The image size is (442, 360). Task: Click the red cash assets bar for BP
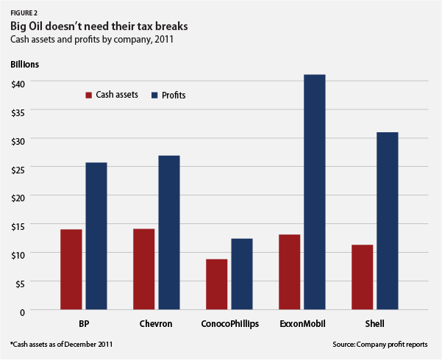pyautogui.click(x=71, y=270)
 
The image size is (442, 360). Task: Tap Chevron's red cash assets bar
pyautogui.click(x=143, y=270)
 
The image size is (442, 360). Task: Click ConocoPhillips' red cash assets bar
pyautogui.click(x=216, y=284)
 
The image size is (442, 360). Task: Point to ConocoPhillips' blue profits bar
pyautogui.click(x=242, y=274)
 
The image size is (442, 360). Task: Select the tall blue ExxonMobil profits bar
pyautogui.click(x=315, y=192)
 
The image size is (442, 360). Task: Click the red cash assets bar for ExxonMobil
pyautogui.click(x=289, y=273)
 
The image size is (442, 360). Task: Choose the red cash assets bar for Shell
pyautogui.click(x=362, y=278)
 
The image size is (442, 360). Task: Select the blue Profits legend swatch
pyautogui.click(x=154, y=95)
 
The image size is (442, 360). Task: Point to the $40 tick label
pyautogui.click(x=18, y=82)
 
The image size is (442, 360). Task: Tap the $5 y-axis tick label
pyautogui.click(x=20, y=283)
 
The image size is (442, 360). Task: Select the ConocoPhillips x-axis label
pyautogui.click(x=229, y=323)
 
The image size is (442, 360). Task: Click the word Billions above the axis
pyautogui.click(x=24, y=63)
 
